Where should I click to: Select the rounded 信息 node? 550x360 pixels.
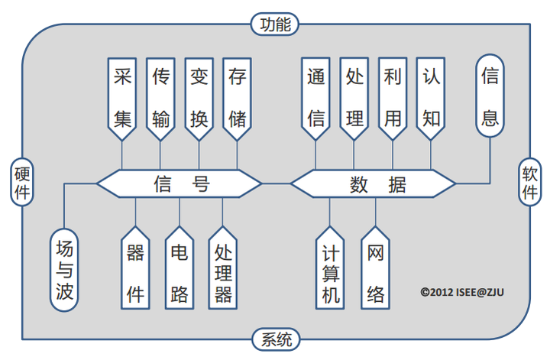coord(490,95)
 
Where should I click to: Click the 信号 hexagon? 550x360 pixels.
coord(180,183)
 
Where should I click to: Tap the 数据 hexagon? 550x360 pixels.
coord(373,183)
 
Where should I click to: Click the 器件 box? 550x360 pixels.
coord(135,267)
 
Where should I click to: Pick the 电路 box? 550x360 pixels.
coord(180,267)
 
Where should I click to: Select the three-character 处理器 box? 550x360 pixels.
coord(223,267)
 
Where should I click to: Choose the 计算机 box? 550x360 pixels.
coord(330,267)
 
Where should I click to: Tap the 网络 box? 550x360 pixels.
coord(374,267)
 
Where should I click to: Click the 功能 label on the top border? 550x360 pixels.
coord(272,24)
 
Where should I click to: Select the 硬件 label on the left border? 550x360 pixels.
coord(22,182)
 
